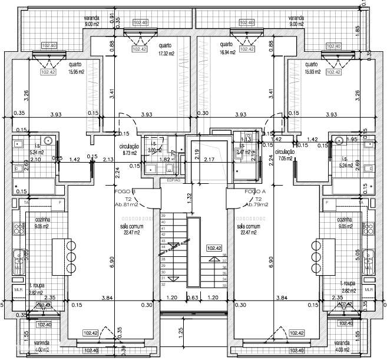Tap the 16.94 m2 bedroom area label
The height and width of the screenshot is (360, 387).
[227, 52]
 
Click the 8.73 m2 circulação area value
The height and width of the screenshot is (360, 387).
[128, 153]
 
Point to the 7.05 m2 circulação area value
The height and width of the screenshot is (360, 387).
[284, 158]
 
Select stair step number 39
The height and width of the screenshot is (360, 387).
[163, 216]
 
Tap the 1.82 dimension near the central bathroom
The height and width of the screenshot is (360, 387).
[166, 159]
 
